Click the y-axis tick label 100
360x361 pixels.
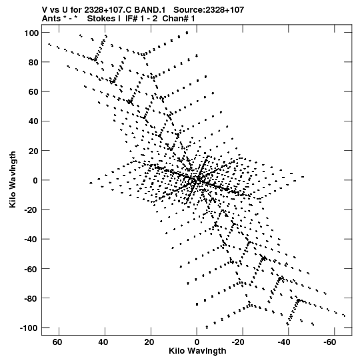click(31, 33)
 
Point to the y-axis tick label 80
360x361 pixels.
click(33, 63)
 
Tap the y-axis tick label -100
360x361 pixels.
click(29, 328)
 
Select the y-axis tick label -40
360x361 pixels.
click(31, 240)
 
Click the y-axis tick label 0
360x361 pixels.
click(35, 180)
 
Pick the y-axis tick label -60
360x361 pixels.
click(31, 269)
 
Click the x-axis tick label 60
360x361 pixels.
click(57, 342)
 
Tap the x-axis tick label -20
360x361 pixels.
click(238, 342)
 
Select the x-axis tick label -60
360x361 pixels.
click(329, 342)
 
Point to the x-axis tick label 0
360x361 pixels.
click(197, 342)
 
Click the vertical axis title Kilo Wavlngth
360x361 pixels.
click(13, 179)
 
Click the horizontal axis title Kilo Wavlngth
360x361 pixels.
click(197, 351)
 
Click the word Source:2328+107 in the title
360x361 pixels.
click(209, 10)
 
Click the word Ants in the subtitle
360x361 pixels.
click(51, 19)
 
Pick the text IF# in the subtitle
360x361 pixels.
click(131, 19)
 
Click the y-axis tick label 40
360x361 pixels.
click(33, 121)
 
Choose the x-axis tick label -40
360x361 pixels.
click(283, 342)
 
